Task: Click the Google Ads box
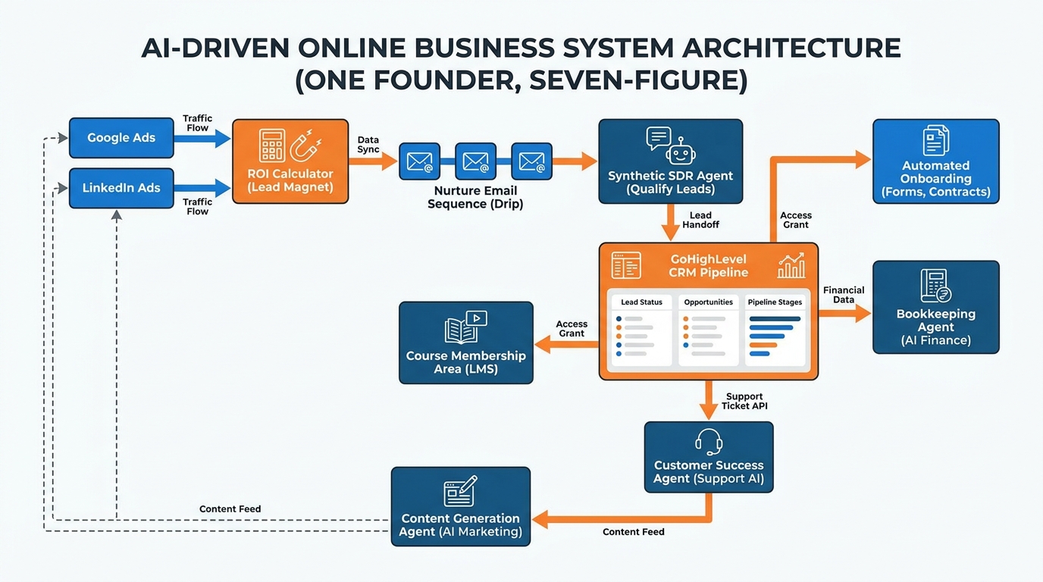pyautogui.click(x=121, y=138)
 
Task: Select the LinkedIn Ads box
pyautogui.click(x=121, y=188)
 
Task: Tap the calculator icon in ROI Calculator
pyautogui.click(x=272, y=145)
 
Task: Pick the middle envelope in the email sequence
pyautogui.click(x=475, y=161)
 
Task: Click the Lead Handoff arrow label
pyautogui.click(x=700, y=221)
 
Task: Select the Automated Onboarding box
pyautogui.click(x=935, y=161)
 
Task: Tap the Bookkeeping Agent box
pyautogui.click(x=935, y=307)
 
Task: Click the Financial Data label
pyautogui.click(x=844, y=295)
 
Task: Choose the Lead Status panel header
pyautogui.click(x=641, y=302)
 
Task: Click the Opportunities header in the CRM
pyautogui.click(x=708, y=302)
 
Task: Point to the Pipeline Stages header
pyautogui.click(x=775, y=302)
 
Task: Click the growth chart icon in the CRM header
pyautogui.click(x=791, y=266)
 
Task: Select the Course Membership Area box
pyautogui.click(x=465, y=343)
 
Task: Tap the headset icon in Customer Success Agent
pyautogui.click(x=709, y=442)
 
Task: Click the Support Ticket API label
pyautogui.click(x=744, y=402)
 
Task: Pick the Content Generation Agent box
pyautogui.click(x=461, y=506)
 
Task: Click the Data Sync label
pyautogui.click(x=368, y=145)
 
